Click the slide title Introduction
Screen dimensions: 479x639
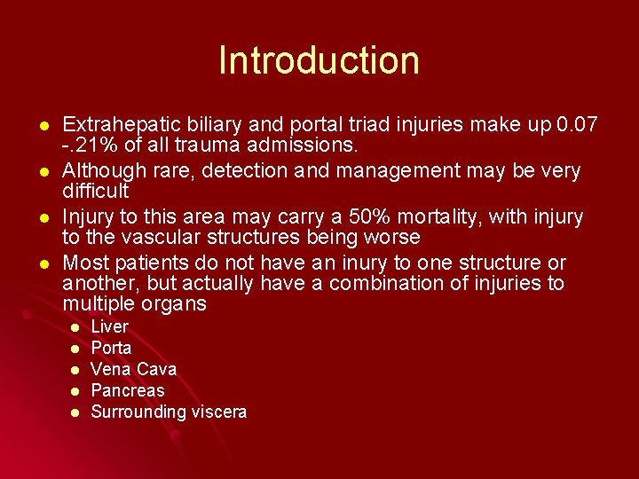coord(319,60)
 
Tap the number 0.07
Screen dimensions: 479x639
coord(574,124)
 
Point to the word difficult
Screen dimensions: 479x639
coord(96,191)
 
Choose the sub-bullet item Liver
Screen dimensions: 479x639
coord(110,326)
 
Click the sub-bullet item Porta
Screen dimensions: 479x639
coord(112,348)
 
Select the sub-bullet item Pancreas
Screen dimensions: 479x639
coord(128,390)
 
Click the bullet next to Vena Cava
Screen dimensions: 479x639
coord(75,370)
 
